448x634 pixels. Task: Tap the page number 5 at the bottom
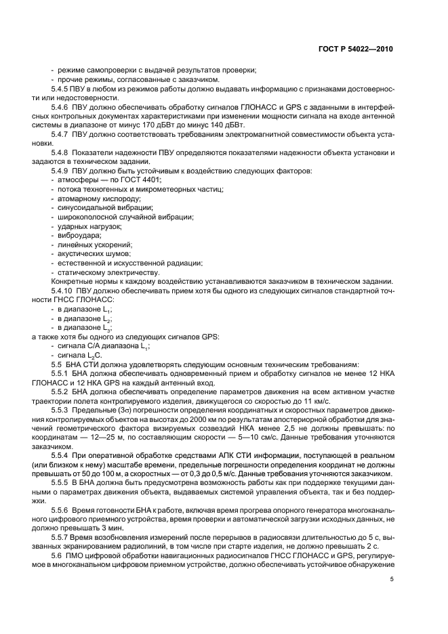(x=392, y=578)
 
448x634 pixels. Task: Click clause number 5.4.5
(x=62, y=89)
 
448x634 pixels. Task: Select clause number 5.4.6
(x=62, y=107)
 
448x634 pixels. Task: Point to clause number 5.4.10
(x=64, y=290)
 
